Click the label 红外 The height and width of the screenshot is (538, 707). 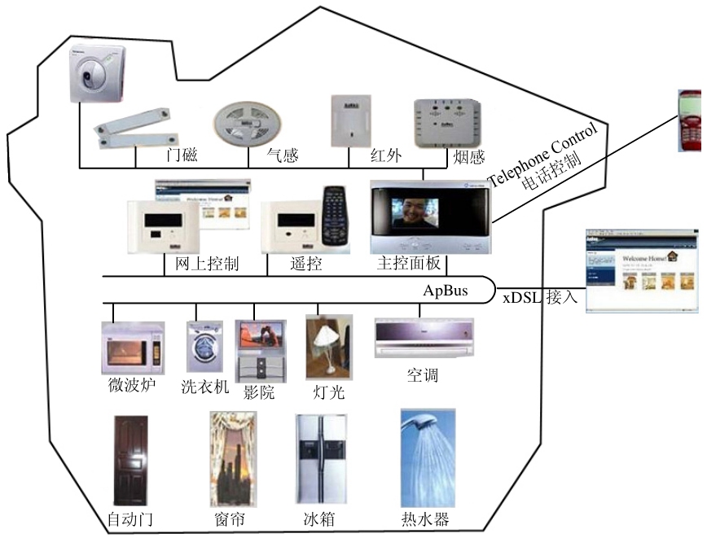coord(384,155)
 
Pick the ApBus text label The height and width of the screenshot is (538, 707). coord(446,291)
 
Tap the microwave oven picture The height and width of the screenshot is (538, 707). coord(131,348)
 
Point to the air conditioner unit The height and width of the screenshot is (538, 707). coord(423,338)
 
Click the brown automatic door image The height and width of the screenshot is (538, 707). coord(131,461)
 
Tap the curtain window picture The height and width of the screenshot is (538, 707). coord(232,459)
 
